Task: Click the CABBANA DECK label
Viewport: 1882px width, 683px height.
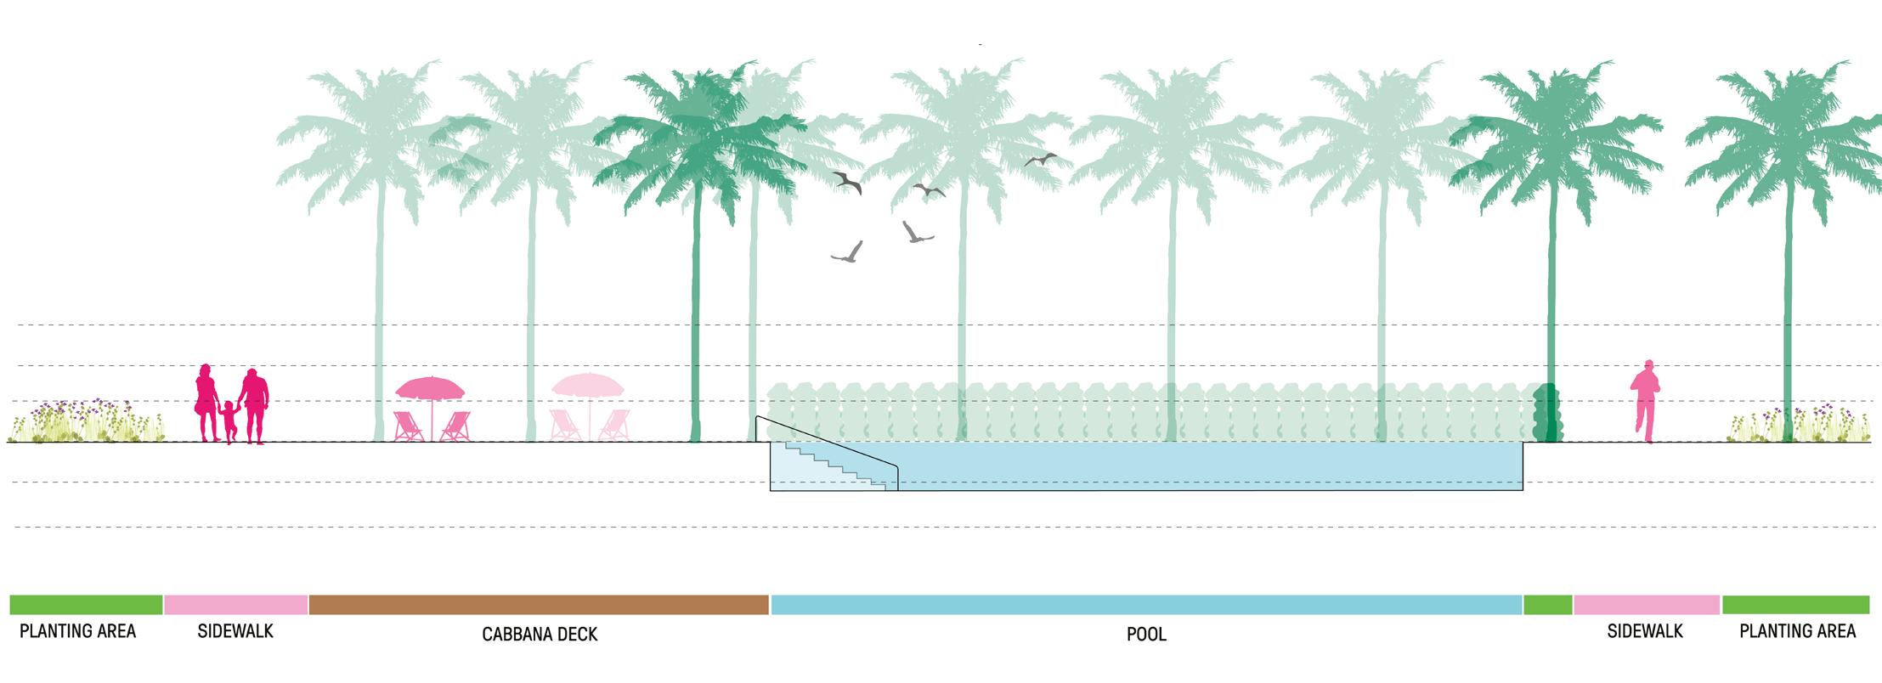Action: pos(540,634)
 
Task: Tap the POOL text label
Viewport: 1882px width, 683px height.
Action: pos(1146,634)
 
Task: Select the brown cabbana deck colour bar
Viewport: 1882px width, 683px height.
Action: pos(539,604)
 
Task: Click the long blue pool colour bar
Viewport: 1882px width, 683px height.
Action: pos(1146,604)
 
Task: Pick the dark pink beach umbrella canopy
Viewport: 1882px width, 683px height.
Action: pos(430,388)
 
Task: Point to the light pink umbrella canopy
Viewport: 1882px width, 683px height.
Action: pos(587,385)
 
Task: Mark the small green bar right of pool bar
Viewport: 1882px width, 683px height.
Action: pos(1547,604)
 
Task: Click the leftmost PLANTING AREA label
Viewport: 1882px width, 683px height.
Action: pos(78,631)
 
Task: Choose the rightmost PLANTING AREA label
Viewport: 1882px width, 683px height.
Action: pos(1797,631)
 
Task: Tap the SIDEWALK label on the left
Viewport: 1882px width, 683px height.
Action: pos(235,631)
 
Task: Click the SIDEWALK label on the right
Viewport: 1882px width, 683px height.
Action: pos(1645,631)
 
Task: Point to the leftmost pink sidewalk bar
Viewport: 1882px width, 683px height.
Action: pos(235,604)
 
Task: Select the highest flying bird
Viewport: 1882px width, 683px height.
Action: pos(1039,159)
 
